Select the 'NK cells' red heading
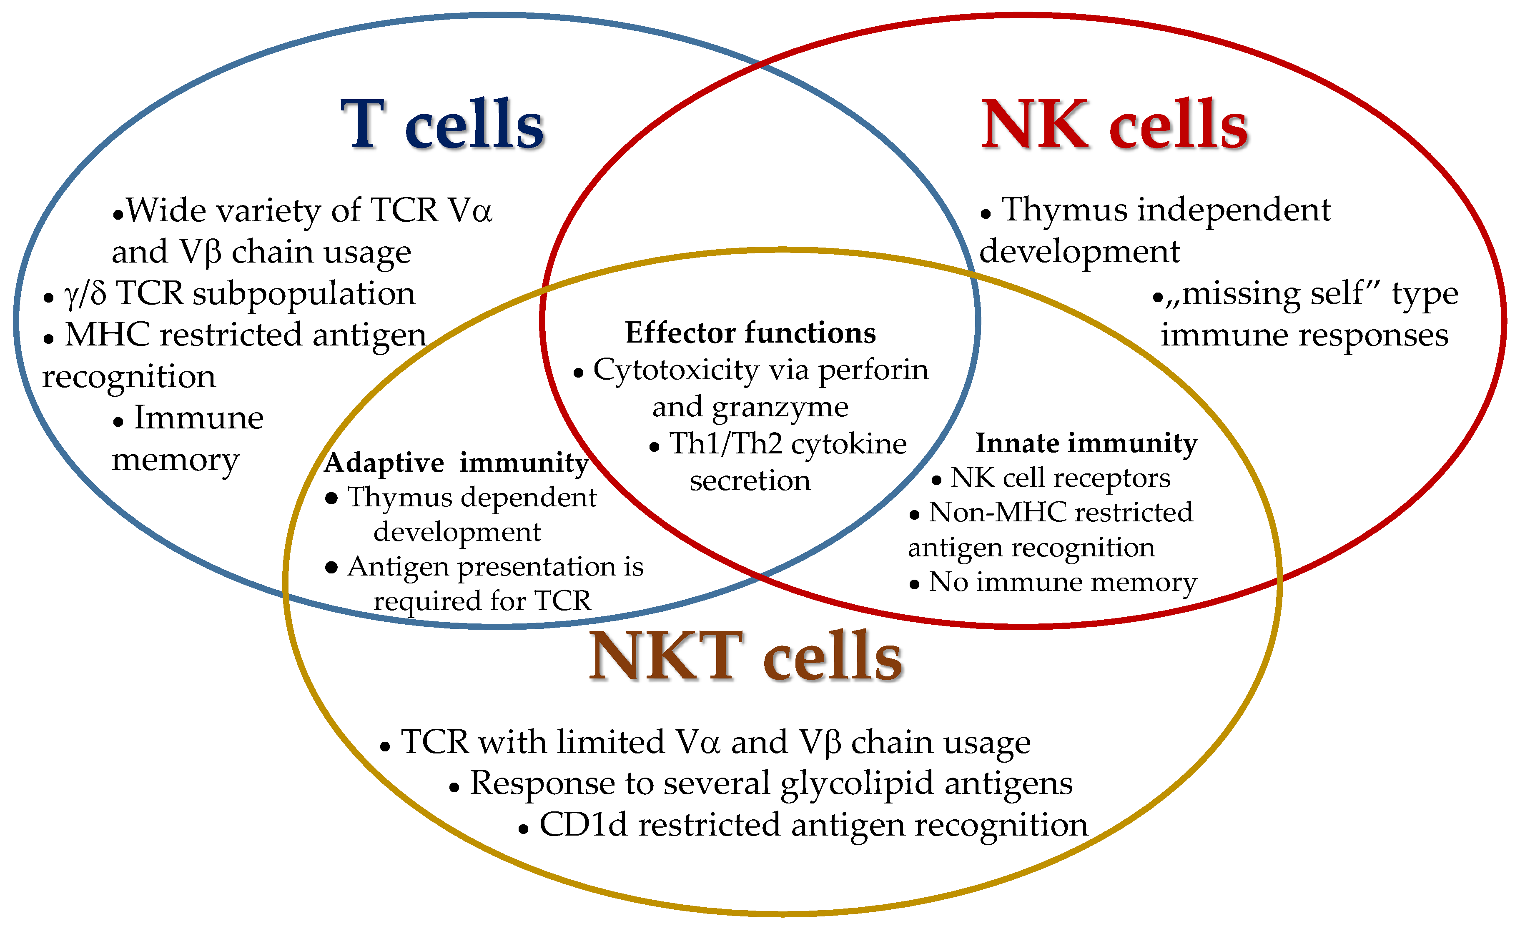[x=1114, y=125]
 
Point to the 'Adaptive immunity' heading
[x=457, y=463]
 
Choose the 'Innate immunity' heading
[x=1086, y=443]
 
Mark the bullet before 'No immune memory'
[x=914, y=584]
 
